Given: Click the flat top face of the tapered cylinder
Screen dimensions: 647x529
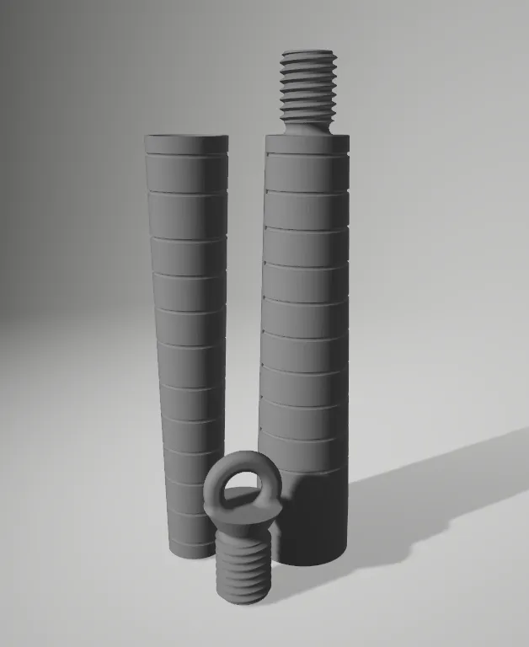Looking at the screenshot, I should pos(186,139).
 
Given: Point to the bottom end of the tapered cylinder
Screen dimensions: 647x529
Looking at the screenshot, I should pos(191,552).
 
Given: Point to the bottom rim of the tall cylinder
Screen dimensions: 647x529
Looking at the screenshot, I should pos(312,562).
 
